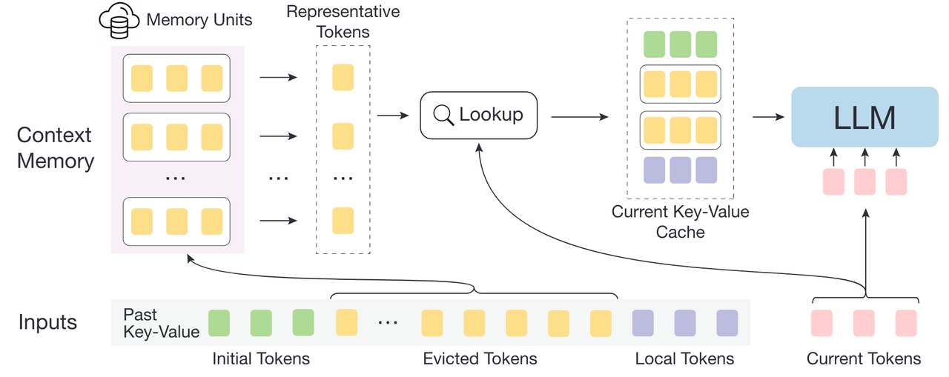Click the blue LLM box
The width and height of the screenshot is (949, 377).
click(864, 117)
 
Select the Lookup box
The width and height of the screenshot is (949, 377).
click(478, 115)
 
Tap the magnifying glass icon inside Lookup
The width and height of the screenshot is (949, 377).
click(443, 115)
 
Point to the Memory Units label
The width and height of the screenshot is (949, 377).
click(199, 19)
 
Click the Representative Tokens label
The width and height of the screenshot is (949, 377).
click(343, 21)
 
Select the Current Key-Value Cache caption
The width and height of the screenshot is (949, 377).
click(680, 221)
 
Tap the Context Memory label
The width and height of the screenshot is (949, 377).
click(56, 147)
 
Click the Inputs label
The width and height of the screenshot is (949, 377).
click(47, 323)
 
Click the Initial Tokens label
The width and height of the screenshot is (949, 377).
click(260, 359)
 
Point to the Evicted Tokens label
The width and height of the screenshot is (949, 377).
click(480, 359)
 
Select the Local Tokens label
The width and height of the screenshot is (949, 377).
click(684, 359)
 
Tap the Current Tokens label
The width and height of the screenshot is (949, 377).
click(864, 359)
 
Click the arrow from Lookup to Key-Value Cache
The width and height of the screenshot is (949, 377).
click(579, 116)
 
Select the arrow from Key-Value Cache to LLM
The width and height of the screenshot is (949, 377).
click(768, 116)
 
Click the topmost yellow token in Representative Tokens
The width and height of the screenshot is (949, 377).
click(343, 77)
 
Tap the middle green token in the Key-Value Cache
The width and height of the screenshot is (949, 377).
click(680, 44)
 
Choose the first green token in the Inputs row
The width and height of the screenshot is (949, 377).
click(219, 323)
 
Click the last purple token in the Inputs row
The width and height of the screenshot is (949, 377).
click(727, 323)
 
